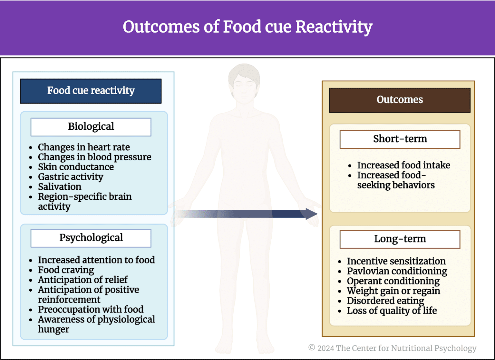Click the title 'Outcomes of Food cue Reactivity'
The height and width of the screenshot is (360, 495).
point(247,27)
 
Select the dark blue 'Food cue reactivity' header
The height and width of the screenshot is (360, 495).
point(91,91)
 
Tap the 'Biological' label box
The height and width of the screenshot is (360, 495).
point(91,126)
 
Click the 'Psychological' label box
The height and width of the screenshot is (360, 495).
point(91,238)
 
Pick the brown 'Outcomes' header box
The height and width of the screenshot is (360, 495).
point(400,100)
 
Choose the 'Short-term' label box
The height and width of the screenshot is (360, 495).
point(400,139)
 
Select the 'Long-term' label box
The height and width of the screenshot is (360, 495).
point(400,239)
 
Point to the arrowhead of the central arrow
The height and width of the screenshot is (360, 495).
point(311,214)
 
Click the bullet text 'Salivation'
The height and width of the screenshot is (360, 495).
point(60,187)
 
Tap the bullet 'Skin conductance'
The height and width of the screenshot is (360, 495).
point(76,167)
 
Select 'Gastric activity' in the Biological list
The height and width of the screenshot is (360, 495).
point(71,177)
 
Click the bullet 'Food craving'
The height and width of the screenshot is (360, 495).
point(66,270)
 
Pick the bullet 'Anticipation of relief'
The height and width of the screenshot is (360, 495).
point(82,280)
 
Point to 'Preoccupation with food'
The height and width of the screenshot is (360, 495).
point(91,309)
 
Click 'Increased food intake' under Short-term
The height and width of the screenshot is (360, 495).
point(403,165)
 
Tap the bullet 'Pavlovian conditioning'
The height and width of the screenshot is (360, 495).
point(397,271)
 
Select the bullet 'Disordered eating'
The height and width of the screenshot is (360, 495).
point(385,301)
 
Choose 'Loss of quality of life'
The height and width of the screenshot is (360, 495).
point(392,311)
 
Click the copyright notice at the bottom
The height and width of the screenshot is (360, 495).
point(392,348)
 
